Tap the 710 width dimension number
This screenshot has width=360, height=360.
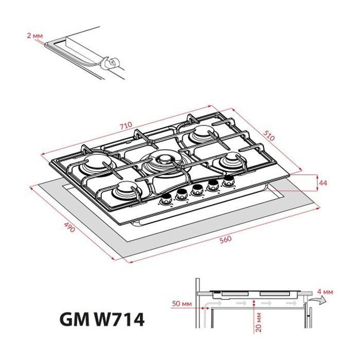126,125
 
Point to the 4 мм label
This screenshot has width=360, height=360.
326,292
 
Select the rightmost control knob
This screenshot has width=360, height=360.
228,180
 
